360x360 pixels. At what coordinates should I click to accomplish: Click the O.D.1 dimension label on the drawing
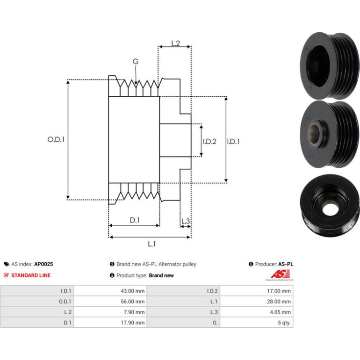[56, 139]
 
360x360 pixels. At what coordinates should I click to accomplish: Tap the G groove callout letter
[136, 62]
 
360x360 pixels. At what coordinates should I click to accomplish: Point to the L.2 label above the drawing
[176, 43]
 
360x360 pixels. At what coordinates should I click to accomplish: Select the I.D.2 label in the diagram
[209, 141]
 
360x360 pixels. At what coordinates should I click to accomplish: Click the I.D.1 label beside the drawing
[233, 141]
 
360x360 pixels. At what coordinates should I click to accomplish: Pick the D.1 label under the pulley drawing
[135, 220]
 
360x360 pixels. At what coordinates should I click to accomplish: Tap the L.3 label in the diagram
[186, 221]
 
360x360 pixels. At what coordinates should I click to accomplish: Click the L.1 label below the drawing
[152, 244]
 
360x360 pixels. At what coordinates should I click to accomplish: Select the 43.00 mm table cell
[133, 291]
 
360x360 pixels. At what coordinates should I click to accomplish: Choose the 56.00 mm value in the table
[133, 302]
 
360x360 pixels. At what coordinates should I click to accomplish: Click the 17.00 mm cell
[279, 291]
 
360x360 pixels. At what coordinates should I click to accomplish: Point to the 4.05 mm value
[281, 312]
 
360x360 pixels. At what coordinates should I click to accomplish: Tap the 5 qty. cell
[284, 323]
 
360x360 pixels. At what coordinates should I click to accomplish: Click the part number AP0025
[43, 264]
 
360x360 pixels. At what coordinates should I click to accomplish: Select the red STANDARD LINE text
[31, 275]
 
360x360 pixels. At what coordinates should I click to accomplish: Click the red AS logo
[280, 274]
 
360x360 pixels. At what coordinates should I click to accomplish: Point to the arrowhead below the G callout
[136, 83]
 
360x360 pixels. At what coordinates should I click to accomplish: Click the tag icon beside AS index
[7, 264]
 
